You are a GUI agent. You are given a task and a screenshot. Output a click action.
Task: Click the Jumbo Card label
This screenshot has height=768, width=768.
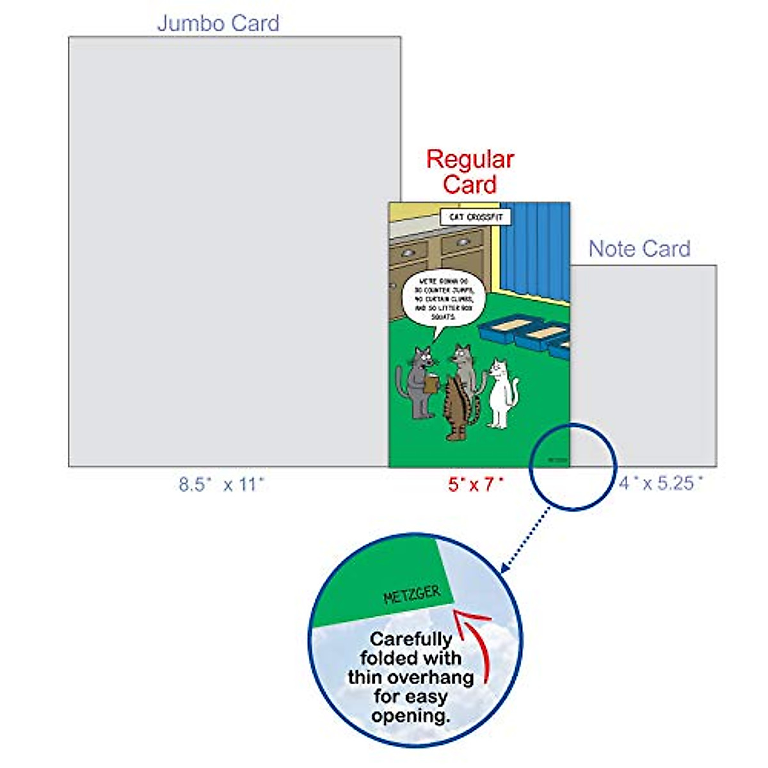point(218,24)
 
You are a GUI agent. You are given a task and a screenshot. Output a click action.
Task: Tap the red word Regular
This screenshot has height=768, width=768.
point(470,159)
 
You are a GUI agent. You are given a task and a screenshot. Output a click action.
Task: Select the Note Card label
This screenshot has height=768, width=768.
point(639,249)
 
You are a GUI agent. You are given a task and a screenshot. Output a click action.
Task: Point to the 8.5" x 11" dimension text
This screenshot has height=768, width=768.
point(221,484)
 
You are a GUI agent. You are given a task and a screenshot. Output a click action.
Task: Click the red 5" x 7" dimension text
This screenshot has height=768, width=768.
point(476,484)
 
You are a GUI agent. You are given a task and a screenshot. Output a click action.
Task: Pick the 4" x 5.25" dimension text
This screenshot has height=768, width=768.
point(660,483)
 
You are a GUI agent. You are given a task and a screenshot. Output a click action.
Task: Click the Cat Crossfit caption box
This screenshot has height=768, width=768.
point(476,217)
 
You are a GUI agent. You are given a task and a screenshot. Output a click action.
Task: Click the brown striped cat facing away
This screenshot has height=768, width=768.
point(457,410)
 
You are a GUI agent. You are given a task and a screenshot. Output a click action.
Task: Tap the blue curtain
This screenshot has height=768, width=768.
point(534,253)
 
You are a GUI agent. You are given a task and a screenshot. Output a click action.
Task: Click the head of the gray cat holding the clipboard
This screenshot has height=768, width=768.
point(422,358)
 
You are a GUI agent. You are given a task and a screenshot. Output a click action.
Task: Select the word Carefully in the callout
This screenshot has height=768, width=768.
point(411,639)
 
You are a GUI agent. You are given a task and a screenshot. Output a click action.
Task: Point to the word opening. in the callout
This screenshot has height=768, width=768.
point(411,716)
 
